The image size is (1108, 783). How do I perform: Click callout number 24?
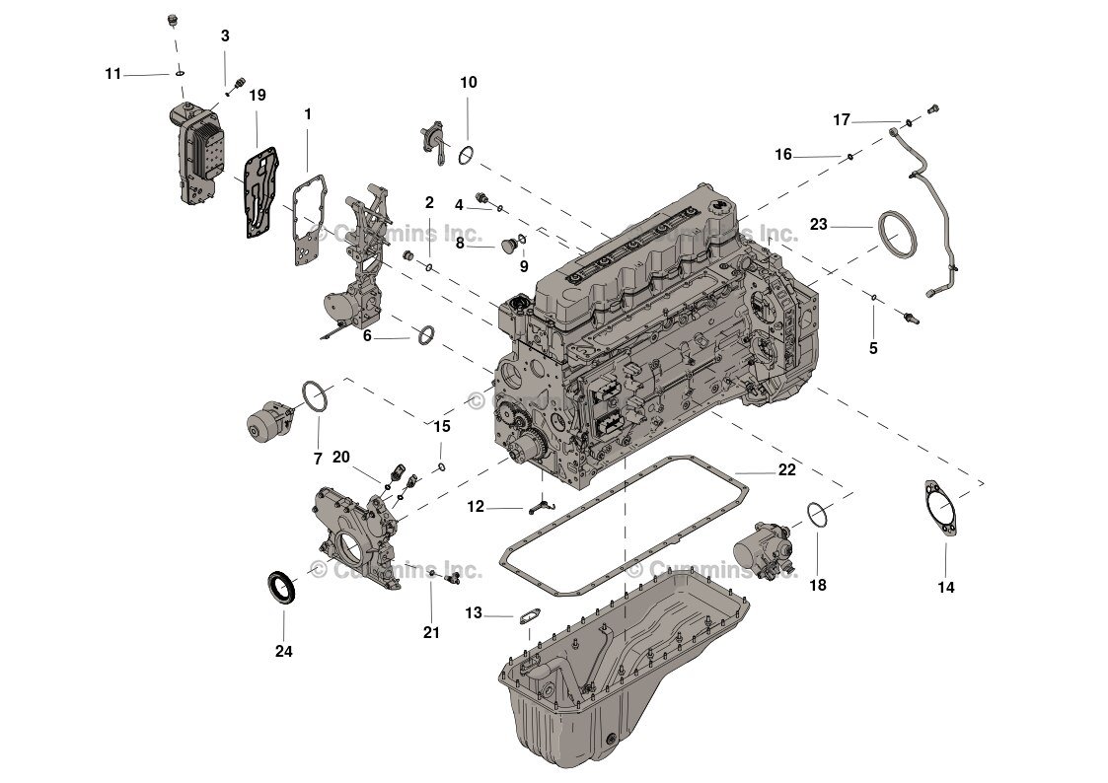point(283,652)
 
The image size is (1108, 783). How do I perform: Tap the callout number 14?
point(945,588)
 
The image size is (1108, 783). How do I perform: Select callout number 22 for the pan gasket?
point(786,470)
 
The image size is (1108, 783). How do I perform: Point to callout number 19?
point(257,96)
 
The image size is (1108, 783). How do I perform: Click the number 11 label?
point(114,74)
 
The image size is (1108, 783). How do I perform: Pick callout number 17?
point(841,120)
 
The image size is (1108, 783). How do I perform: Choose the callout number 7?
point(318,459)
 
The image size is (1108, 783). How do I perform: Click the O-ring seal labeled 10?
point(468,154)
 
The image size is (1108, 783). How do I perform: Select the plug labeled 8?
point(511,242)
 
